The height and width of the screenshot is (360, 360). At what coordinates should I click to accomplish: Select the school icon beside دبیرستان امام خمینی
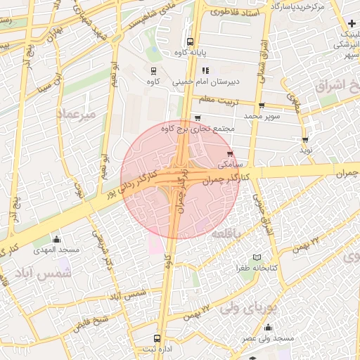[x=205, y=70]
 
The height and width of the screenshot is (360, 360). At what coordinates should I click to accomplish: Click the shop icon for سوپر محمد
[x=262, y=106]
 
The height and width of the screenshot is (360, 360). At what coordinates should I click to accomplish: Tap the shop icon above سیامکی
[x=230, y=154]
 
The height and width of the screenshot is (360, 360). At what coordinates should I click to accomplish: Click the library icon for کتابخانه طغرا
[x=257, y=258]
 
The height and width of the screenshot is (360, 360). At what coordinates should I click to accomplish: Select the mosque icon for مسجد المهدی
[x=56, y=239]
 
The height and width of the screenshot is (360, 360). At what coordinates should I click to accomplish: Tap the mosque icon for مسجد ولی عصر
[x=267, y=328]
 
